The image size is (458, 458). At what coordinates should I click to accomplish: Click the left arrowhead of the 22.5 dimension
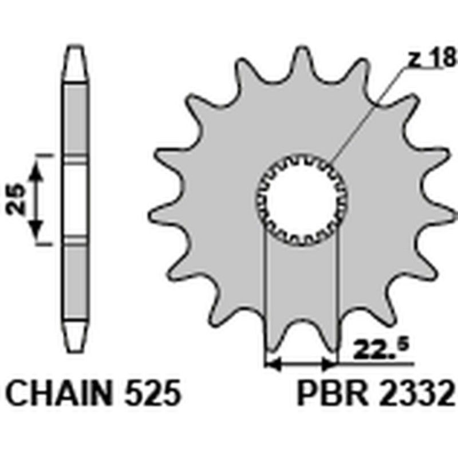click(x=271, y=363)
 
